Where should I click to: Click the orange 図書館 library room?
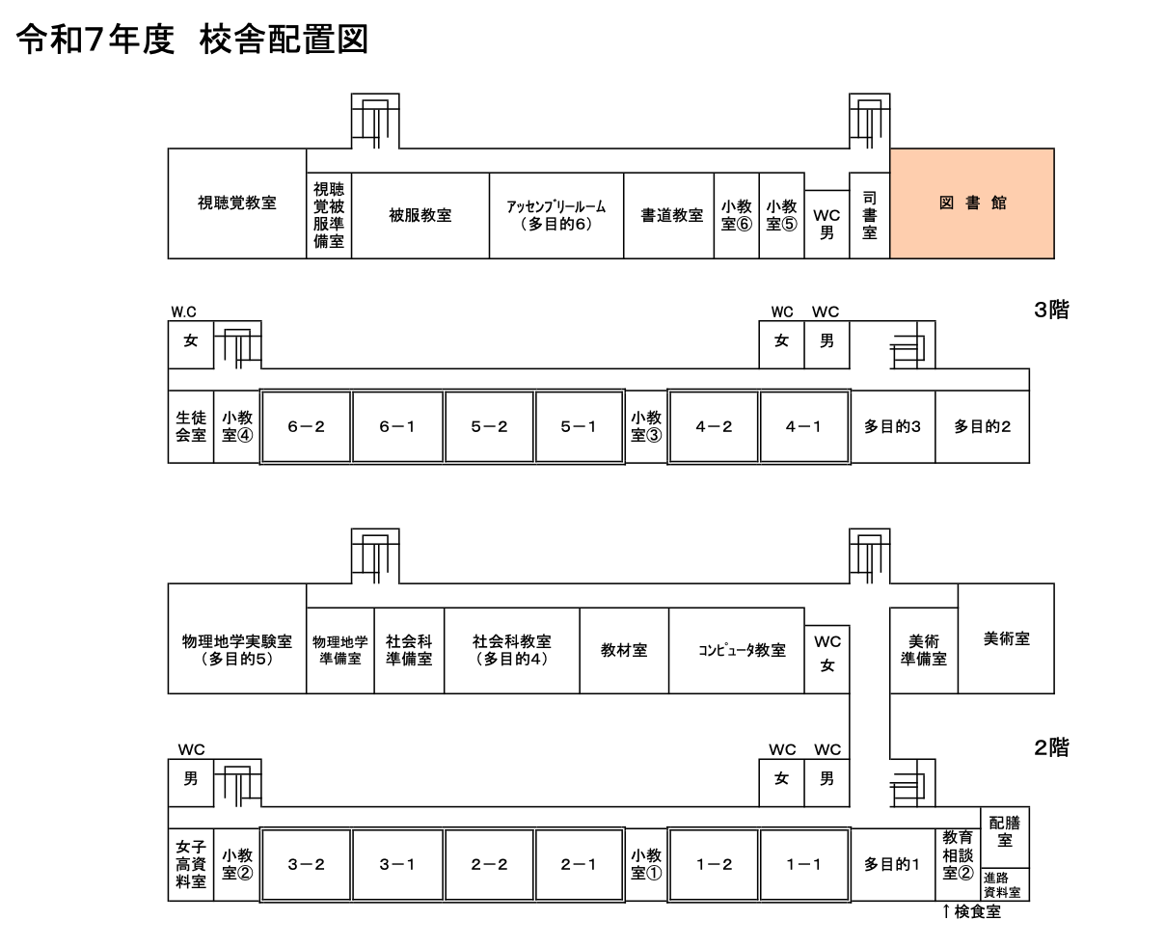[971, 203]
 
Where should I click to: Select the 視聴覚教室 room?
[236, 203]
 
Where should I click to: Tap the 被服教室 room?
[420, 216]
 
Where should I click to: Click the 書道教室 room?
[671, 216]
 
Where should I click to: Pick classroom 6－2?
[306, 426]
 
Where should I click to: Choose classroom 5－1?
[579, 426]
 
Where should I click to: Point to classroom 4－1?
[803, 426]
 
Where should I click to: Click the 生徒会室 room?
[190, 426]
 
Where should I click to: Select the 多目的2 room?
[982, 426]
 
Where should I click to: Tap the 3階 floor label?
[1050, 311]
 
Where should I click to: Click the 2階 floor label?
[1050, 747]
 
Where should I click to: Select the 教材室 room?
[623, 651]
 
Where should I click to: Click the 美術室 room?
[1006, 638]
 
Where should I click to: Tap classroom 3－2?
[306, 864]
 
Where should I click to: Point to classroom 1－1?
[803, 864]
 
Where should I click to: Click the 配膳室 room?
[1005, 831]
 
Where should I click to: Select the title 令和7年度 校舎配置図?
[193, 41]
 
